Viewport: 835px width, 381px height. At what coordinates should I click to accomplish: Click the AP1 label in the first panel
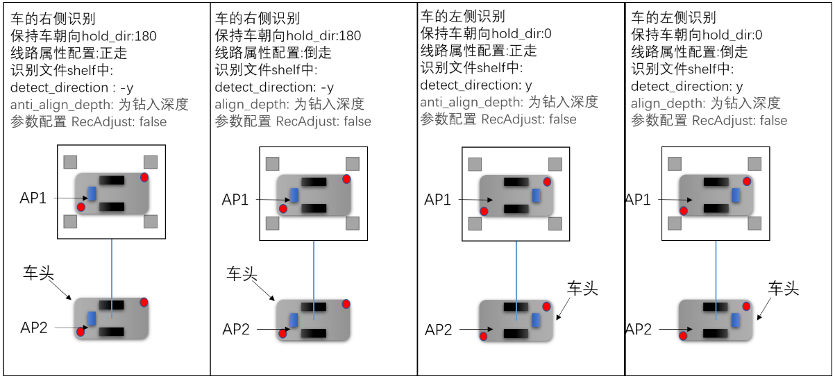(33, 198)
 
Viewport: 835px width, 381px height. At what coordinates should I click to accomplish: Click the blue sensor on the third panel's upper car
(536, 194)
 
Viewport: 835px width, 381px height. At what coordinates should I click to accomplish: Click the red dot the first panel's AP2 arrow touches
(81, 332)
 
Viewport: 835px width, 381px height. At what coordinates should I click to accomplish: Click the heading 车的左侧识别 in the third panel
(462, 16)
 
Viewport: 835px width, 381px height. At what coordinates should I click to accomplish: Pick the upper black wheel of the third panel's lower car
(514, 307)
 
